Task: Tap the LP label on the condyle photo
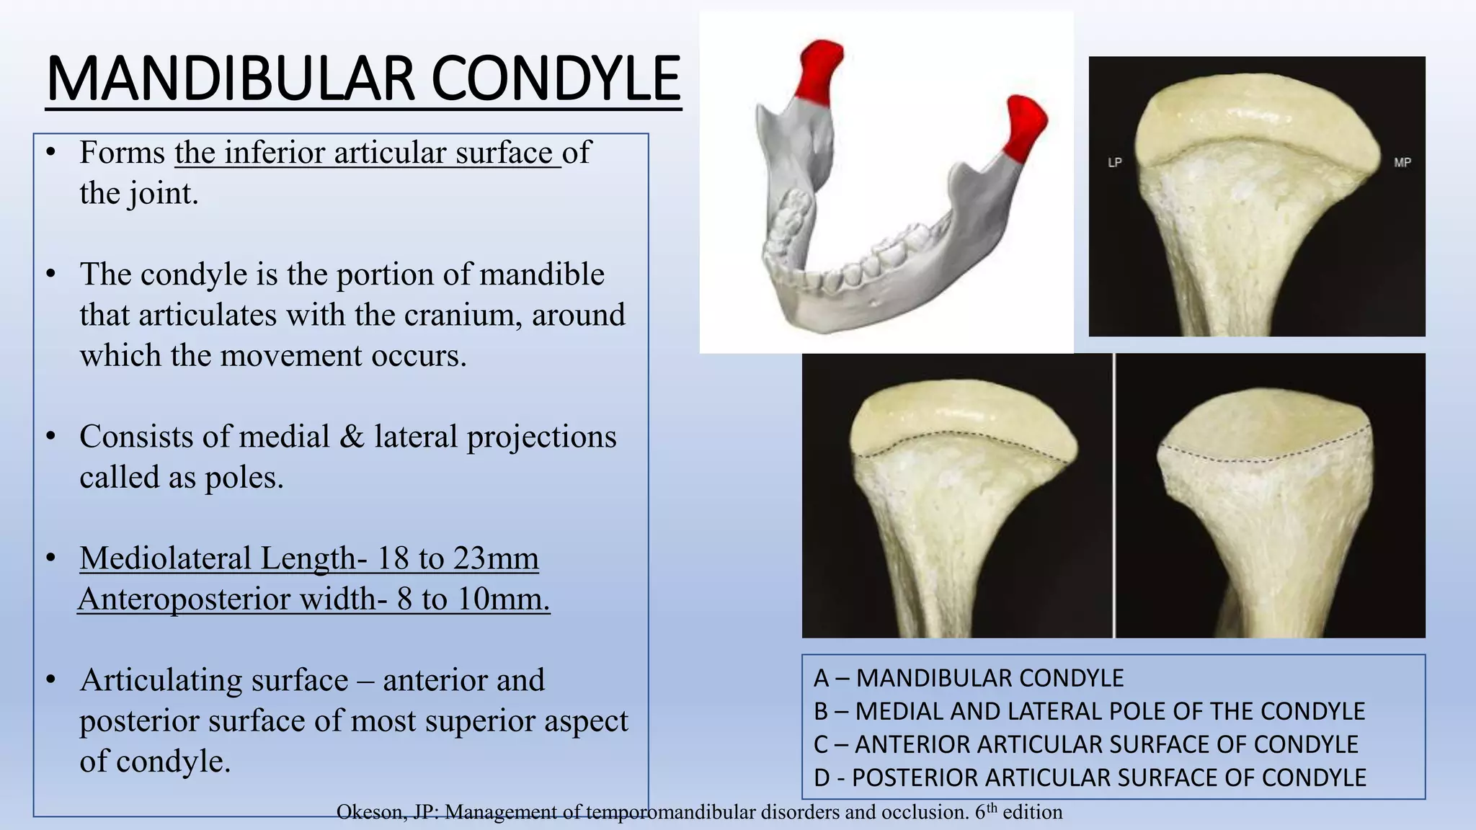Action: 1114,163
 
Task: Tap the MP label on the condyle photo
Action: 1402,163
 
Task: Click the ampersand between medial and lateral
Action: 351,437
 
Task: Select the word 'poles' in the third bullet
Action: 244,478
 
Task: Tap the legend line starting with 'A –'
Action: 968,678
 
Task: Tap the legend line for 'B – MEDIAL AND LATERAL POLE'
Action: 1088,711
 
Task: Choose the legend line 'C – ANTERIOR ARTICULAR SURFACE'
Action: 1085,744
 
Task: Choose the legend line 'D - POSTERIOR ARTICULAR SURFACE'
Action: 1089,777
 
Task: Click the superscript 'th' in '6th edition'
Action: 992,808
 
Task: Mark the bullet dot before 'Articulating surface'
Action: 50,680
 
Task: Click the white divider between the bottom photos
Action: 1114,496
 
